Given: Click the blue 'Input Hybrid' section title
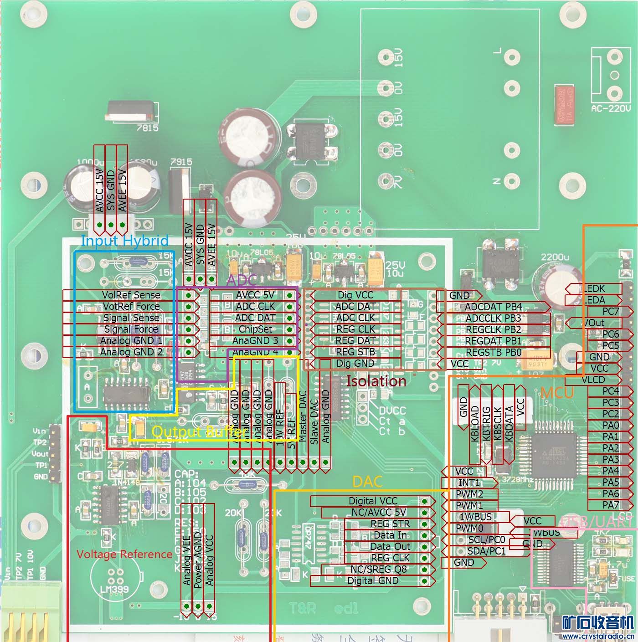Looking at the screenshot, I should (124, 241).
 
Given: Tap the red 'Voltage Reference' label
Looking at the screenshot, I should (124, 554).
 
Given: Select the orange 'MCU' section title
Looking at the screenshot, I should (557, 392).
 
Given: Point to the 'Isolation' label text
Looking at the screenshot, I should (376, 381).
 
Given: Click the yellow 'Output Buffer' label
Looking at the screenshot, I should (199, 431).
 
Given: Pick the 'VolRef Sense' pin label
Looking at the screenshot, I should (131, 295).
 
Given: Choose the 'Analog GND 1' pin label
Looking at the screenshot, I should (131, 340).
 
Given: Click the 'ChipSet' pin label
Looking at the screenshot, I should (255, 329).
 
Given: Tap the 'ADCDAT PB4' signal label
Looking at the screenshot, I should (493, 307).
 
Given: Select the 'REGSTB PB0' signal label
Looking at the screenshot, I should (493, 352).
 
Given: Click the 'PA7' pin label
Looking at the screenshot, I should (611, 505).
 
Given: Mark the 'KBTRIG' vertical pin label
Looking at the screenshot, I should (486, 423).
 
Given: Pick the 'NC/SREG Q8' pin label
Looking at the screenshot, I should (378, 569).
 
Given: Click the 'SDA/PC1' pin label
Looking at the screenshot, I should (486, 551).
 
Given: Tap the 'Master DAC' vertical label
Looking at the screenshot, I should (303, 416).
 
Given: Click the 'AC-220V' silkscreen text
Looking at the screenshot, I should (611, 109).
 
